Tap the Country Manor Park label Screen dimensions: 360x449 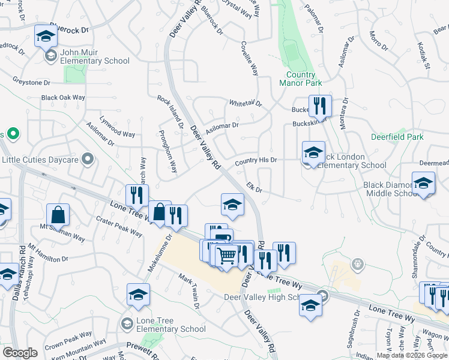[301, 79]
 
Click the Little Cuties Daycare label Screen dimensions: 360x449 [40, 160]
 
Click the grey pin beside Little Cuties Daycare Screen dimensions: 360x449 [88, 159]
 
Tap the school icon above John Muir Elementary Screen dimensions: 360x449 [45, 37]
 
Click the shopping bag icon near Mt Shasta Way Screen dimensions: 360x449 [58, 215]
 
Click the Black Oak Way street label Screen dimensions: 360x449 [63, 97]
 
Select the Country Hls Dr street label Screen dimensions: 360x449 [256, 161]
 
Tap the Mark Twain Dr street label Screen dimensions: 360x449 [188, 292]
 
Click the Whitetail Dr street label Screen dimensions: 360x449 [246, 104]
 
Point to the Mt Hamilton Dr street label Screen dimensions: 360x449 [48, 255]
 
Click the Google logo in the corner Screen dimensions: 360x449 [20, 353]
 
